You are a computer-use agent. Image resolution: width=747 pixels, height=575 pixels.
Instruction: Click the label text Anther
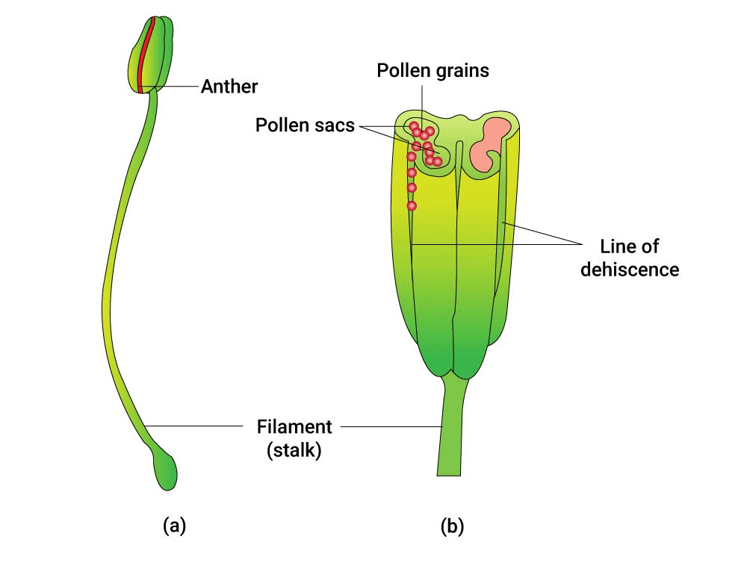click(229, 87)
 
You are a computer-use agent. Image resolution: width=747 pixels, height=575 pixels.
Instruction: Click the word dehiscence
click(630, 269)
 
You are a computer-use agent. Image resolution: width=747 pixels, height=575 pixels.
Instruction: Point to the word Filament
click(294, 428)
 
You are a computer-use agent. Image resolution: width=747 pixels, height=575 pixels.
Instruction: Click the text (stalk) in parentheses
click(294, 450)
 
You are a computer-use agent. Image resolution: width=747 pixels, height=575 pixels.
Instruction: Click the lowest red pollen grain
click(412, 205)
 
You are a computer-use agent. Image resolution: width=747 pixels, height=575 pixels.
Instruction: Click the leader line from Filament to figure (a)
click(194, 426)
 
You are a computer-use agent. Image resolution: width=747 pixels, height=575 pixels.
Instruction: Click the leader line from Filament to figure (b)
click(388, 426)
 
